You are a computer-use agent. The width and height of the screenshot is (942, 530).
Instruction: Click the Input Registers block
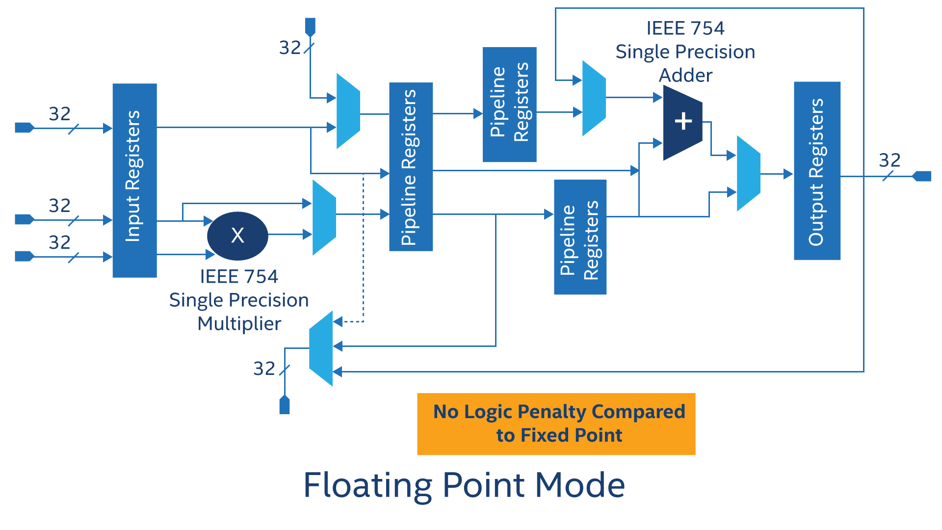point(134,180)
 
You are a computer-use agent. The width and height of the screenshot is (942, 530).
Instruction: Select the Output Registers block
point(817,170)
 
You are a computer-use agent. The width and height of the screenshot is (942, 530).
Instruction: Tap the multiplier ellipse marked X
point(237,236)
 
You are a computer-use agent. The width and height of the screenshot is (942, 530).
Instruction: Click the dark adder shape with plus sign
point(682,122)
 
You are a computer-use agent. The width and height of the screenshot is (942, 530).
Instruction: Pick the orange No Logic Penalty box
point(556,424)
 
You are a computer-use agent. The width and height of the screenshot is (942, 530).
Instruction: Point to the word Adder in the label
point(685,76)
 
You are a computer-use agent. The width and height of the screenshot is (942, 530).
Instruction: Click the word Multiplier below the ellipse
point(239,324)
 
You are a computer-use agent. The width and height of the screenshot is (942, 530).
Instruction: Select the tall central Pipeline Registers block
point(411,166)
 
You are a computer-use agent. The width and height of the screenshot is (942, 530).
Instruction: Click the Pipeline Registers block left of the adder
point(509,104)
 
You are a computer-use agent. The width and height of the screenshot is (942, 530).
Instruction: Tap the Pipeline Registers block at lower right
point(580,237)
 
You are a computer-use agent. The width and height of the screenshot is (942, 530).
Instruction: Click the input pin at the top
point(310,26)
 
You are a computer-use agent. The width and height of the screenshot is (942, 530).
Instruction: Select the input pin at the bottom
point(285,405)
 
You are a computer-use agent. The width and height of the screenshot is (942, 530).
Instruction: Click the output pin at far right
point(922,176)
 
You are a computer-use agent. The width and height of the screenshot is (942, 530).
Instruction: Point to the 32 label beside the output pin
point(890,160)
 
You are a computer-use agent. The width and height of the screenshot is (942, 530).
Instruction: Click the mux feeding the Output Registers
point(748,173)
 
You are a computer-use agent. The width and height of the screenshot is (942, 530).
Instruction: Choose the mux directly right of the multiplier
point(324,217)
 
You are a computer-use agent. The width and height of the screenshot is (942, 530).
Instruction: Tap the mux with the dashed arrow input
point(321,348)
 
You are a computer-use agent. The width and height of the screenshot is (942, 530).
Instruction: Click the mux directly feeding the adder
point(594,98)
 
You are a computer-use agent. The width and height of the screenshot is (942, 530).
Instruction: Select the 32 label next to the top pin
point(290,48)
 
